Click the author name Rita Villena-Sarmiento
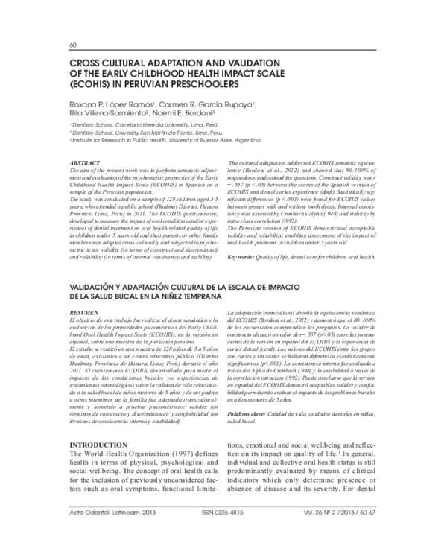tap(107, 113)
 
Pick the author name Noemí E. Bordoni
tap(186, 113)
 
